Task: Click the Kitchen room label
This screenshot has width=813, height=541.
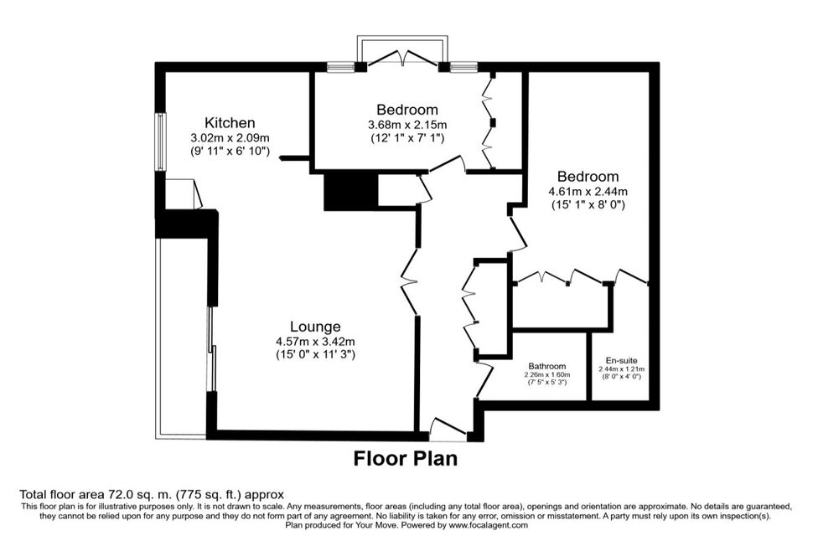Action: (230, 123)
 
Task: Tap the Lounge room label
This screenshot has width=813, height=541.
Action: (315, 327)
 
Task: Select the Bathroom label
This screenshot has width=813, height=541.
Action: (547, 366)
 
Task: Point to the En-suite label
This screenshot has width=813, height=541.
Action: (622, 361)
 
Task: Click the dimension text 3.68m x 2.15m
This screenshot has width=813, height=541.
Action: (407, 125)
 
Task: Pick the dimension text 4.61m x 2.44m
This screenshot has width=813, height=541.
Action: (588, 192)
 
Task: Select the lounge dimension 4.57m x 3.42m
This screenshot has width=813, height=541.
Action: (315, 342)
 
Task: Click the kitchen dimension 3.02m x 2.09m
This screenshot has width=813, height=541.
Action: (230, 138)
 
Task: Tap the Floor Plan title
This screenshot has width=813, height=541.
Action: (406, 459)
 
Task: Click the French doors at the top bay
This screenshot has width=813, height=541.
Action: (402, 58)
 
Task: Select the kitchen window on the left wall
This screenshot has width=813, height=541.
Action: (162, 142)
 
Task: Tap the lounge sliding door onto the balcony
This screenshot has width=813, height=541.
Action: (211, 349)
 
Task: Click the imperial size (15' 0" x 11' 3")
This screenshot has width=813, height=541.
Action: (315, 355)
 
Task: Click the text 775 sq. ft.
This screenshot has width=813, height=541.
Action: (204, 494)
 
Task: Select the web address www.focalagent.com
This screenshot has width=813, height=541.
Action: (489, 525)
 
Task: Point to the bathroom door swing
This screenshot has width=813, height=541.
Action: (484, 380)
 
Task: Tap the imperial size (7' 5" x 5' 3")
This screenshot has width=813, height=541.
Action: (547, 382)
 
